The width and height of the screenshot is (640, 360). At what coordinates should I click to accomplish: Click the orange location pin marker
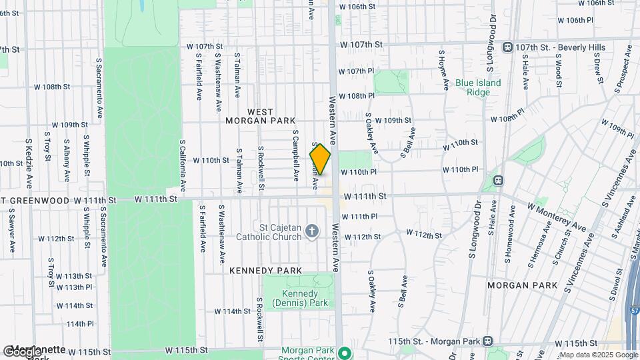320,160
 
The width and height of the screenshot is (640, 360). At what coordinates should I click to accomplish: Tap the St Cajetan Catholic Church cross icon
311,232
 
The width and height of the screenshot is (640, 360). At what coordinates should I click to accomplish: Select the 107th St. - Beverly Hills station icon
508,47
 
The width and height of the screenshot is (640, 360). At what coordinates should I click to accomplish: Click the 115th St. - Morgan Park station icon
488,341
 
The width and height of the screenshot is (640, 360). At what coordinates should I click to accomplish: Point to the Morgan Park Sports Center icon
344,352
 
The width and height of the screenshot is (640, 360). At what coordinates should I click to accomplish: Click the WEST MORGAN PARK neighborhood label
261,116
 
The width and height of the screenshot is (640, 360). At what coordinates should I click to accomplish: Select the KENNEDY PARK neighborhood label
266,271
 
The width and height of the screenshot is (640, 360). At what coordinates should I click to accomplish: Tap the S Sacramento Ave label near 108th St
99,79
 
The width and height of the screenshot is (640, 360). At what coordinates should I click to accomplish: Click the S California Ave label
183,165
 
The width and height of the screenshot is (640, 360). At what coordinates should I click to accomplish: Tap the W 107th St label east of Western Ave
361,45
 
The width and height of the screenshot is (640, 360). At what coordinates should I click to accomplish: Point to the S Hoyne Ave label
443,69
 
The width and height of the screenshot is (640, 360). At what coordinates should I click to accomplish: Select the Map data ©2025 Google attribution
598,355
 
